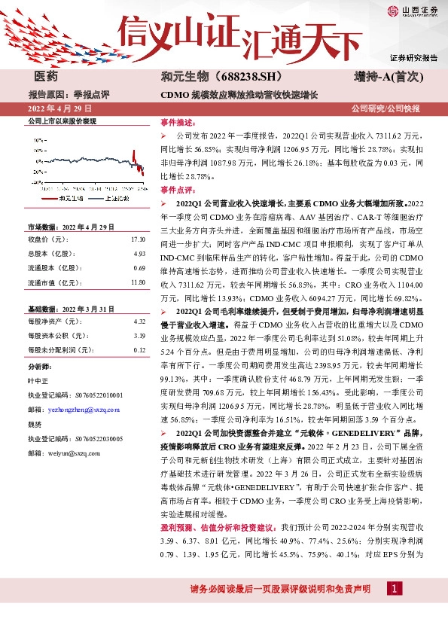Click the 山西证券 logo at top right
[x=410, y=11]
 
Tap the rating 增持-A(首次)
[x=390, y=77]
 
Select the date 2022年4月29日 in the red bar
[x=59, y=110]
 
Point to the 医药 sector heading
[x=47, y=77]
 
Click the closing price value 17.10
[x=137, y=239]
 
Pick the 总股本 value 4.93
[x=139, y=254]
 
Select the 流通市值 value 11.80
[x=137, y=282]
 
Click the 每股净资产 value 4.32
[x=139, y=322]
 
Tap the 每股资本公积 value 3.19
[x=139, y=336]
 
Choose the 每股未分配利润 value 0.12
[x=139, y=350]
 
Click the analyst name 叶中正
[x=38, y=380]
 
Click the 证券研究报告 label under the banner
[x=413, y=58]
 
